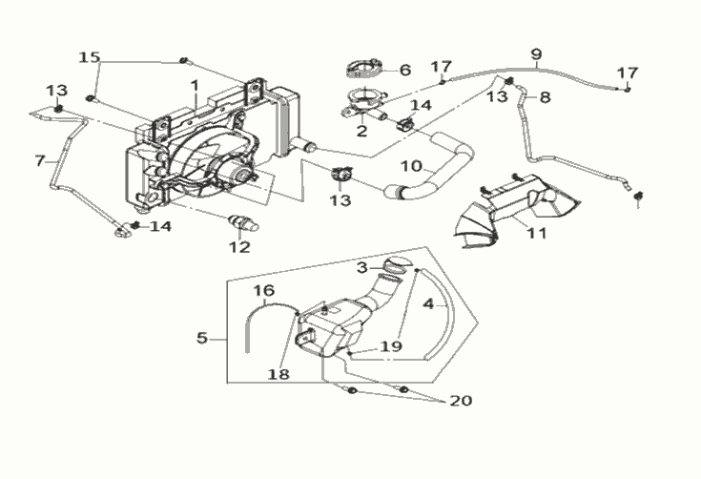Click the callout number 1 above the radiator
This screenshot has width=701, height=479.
point(194,85)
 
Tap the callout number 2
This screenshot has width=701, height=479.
point(361,131)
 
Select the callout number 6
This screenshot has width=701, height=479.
point(405,70)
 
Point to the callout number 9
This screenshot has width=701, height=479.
point(536,54)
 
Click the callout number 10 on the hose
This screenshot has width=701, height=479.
point(412,166)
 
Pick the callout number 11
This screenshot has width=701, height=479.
point(536,233)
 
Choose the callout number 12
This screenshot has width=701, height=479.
point(239,247)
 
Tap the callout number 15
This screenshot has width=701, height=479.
point(90,57)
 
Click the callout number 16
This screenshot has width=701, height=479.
point(264,291)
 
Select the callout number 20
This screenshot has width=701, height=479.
point(461,401)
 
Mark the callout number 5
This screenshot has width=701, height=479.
point(202,338)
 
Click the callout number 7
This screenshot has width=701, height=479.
point(40,160)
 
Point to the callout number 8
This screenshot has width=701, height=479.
point(545,97)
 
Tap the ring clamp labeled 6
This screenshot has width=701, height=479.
point(364,69)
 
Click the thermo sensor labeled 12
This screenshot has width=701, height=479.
point(243,222)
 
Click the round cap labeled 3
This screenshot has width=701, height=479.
point(396,264)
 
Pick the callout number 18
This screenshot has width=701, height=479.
point(278,374)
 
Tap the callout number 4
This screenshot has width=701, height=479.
point(428,304)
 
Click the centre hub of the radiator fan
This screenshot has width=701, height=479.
point(244,175)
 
